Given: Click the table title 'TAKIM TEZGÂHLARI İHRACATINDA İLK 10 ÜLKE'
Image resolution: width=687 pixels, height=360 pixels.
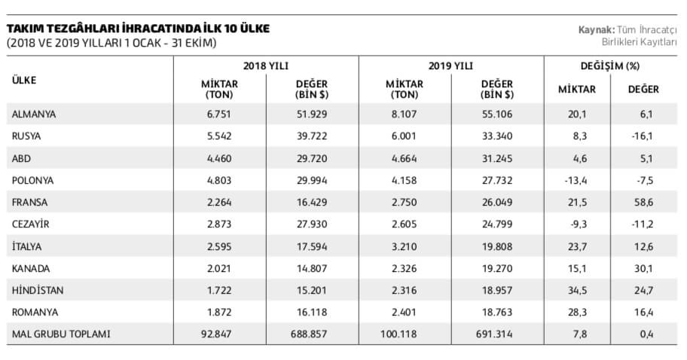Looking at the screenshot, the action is pos(138,29).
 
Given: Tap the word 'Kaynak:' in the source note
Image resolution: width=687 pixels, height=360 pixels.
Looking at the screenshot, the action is pos(596,30).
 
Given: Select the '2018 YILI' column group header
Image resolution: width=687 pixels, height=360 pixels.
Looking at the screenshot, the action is pos(266,66).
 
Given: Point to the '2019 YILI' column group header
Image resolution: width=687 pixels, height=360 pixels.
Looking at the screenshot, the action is pos(450,66).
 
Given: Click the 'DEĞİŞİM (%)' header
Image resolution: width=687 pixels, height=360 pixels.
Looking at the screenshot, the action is pos(610,66).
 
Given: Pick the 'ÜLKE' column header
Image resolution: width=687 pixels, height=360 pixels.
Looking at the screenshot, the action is pos(24,80).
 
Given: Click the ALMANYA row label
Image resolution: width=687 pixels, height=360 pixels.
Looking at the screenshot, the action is pos(34,114).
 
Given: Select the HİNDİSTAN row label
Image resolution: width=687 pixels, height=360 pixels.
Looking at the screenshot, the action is pos(38,291).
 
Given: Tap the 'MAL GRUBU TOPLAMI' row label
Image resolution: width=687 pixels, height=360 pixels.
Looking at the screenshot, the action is pos(61,334).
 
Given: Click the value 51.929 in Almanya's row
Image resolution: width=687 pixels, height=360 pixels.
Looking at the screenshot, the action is pos(312,114).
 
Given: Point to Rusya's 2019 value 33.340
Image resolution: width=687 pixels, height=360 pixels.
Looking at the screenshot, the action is pos(497,136).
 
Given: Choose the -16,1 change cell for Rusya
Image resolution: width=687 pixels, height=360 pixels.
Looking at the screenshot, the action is pos(643,136).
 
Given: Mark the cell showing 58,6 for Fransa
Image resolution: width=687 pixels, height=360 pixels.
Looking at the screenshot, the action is pos(643,203).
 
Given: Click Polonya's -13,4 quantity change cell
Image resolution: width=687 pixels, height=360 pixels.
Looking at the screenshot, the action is pos(576,181).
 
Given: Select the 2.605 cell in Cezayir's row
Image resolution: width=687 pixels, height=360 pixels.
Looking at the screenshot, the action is pos(405,224).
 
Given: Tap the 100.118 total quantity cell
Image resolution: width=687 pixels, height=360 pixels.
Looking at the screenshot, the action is pos(398,334).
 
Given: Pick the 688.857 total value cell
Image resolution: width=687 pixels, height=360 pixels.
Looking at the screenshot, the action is pos(309,334).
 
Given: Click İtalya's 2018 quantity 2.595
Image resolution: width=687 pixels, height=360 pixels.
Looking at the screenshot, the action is pos(219,246).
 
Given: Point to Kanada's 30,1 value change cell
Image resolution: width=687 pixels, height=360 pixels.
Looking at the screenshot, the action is pos(643,268).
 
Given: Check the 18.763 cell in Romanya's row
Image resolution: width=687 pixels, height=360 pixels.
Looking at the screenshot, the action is pos(497,313).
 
